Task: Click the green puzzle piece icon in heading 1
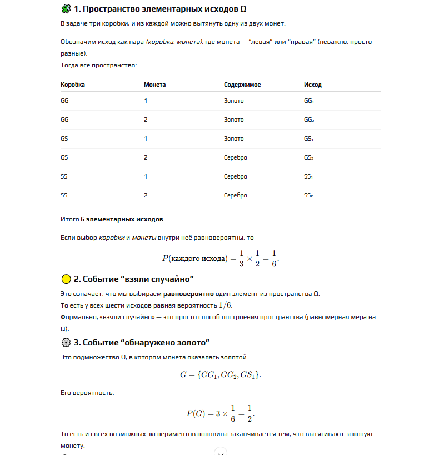(x=66, y=9)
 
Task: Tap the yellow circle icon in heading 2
(x=66, y=279)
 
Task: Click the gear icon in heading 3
(x=66, y=342)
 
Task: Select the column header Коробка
(x=73, y=85)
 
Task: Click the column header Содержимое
(x=242, y=85)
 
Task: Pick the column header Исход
(x=313, y=85)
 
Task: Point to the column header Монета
(x=155, y=85)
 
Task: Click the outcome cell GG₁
(x=309, y=101)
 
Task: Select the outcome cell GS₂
(x=309, y=158)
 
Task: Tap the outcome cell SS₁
(x=308, y=177)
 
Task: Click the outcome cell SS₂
(x=309, y=196)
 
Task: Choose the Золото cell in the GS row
(x=234, y=139)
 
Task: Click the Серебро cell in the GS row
(x=236, y=158)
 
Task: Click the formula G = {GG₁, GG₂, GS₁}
(x=221, y=374)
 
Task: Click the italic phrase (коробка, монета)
(x=174, y=42)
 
